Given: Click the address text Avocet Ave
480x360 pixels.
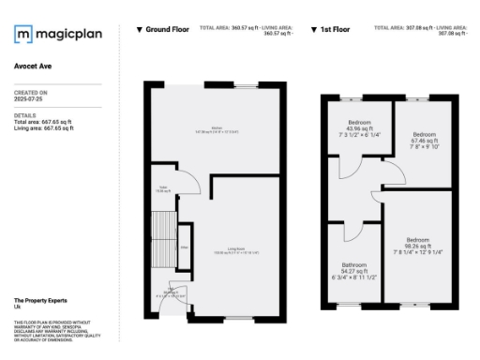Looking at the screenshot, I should click(x=33, y=67).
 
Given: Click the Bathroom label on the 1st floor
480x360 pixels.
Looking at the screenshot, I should click(x=354, y=269).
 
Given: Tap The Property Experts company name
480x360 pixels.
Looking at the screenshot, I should click(x=38, y=299).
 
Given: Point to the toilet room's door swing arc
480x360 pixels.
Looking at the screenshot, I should click(x=187, y=183).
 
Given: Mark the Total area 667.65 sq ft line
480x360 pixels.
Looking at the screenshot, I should click(x=43, y=123).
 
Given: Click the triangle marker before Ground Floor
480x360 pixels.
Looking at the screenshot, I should click(x=140, y=30).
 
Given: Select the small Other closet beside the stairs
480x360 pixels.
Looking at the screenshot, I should click(x=185, y=249).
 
